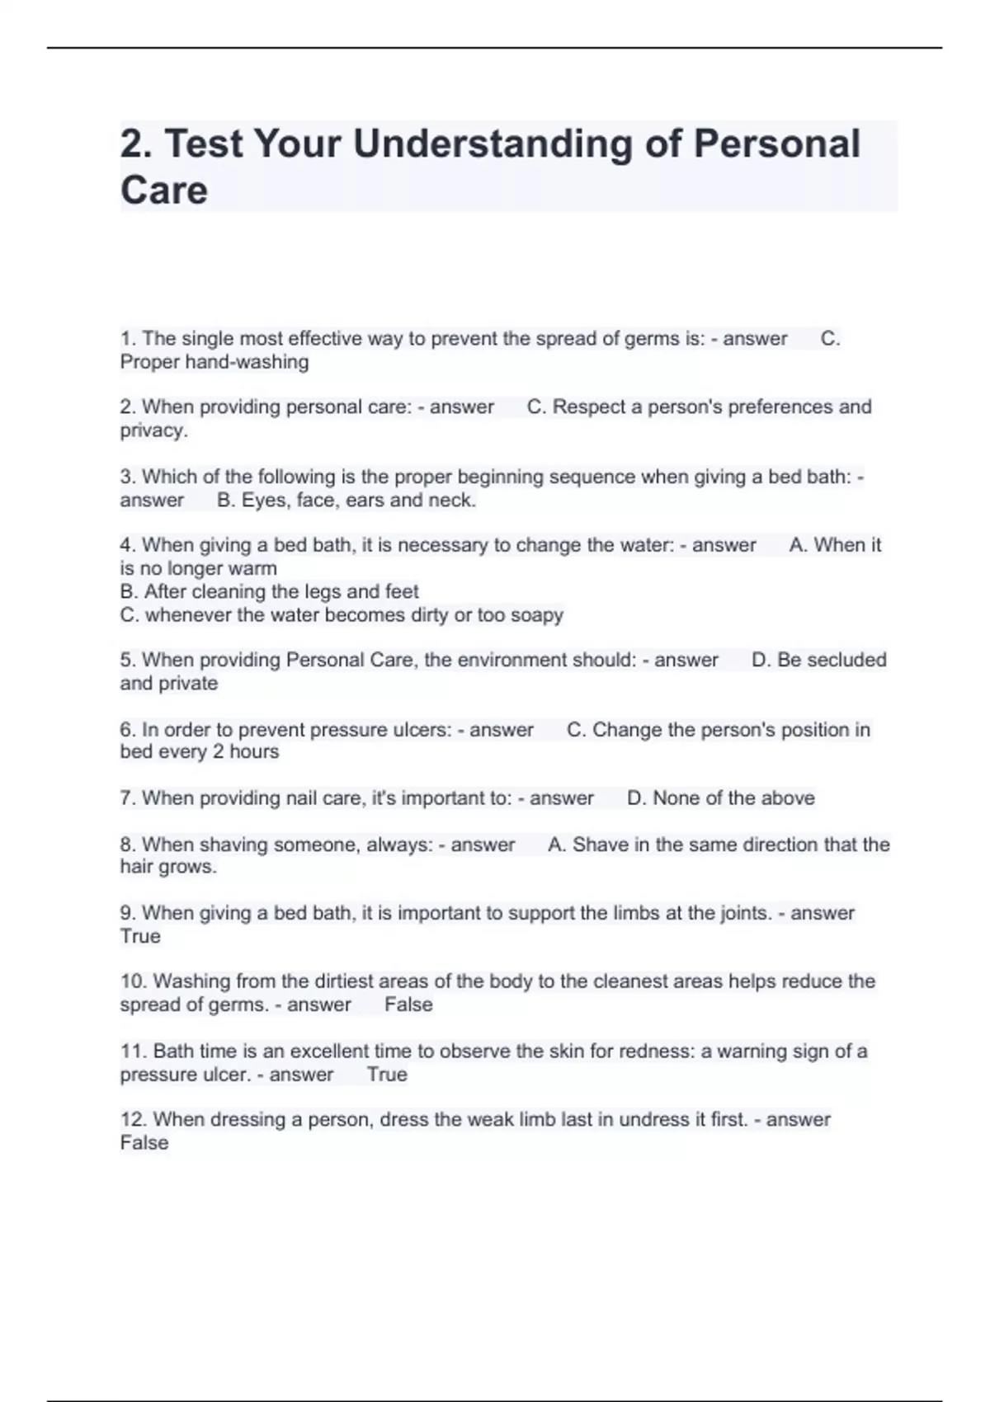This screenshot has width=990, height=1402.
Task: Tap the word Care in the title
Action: coord(163,191)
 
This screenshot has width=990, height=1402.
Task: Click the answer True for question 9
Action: coord(140,937)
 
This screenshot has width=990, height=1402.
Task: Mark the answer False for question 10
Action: coord(408,1004)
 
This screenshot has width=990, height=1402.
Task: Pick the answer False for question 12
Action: coord(144,1143)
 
